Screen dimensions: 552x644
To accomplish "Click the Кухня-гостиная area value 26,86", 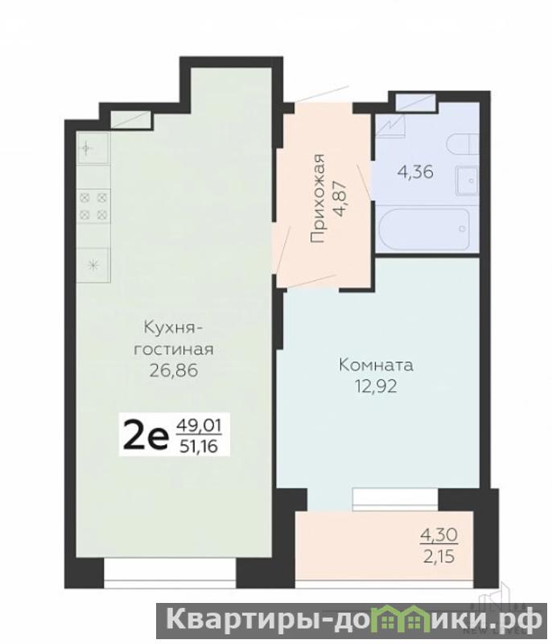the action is click(174, 371).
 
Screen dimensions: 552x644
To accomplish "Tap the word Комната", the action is click(376, 365).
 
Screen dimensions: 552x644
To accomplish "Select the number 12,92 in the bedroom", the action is click(376, 386).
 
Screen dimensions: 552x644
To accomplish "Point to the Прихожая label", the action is click(317, 198).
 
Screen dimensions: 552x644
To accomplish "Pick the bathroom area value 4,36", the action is click(415, 171).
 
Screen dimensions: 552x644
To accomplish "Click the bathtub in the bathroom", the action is click(423, 229).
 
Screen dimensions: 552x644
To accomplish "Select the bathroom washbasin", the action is click(467, 180).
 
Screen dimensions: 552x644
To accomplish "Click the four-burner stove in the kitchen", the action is click(93, 206).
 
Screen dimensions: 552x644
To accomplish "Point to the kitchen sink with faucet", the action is click(93, 148).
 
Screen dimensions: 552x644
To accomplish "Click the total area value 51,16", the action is click(199, 446).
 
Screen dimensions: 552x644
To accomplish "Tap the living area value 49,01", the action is click(199, 426).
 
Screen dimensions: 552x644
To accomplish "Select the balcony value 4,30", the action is click(439, 535).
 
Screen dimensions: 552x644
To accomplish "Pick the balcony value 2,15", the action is click(439, 556).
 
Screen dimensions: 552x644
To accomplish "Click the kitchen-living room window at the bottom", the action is click(170, 573).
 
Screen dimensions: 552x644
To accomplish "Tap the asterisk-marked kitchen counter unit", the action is click(93, 266).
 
